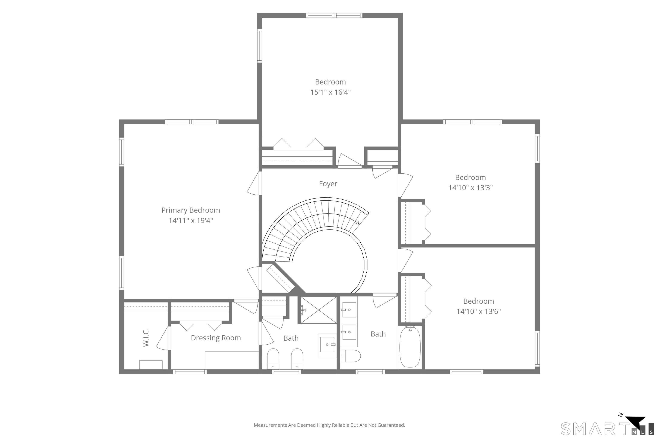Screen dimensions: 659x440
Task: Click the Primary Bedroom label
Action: (x=190, y=210)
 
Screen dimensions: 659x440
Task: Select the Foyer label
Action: (x=328, y=184)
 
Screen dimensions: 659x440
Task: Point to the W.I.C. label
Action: (x=146, y=337)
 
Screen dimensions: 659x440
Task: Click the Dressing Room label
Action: (x=216, y=338)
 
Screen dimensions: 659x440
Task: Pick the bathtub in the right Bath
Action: (x=410, y=347)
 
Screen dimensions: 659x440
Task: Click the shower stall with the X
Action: (x=319, y=310)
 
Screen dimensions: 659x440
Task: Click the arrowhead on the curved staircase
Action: (x=358, y=223)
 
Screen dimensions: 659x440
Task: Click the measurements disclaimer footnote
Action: (x=329, y=425)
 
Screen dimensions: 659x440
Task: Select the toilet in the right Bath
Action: (x=351, y=356)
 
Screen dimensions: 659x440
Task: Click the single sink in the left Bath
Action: (x=327, y=344)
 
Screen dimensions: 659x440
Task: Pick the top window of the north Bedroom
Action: (x=334, y=15)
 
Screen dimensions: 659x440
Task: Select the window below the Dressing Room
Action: (x=190, y=372)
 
